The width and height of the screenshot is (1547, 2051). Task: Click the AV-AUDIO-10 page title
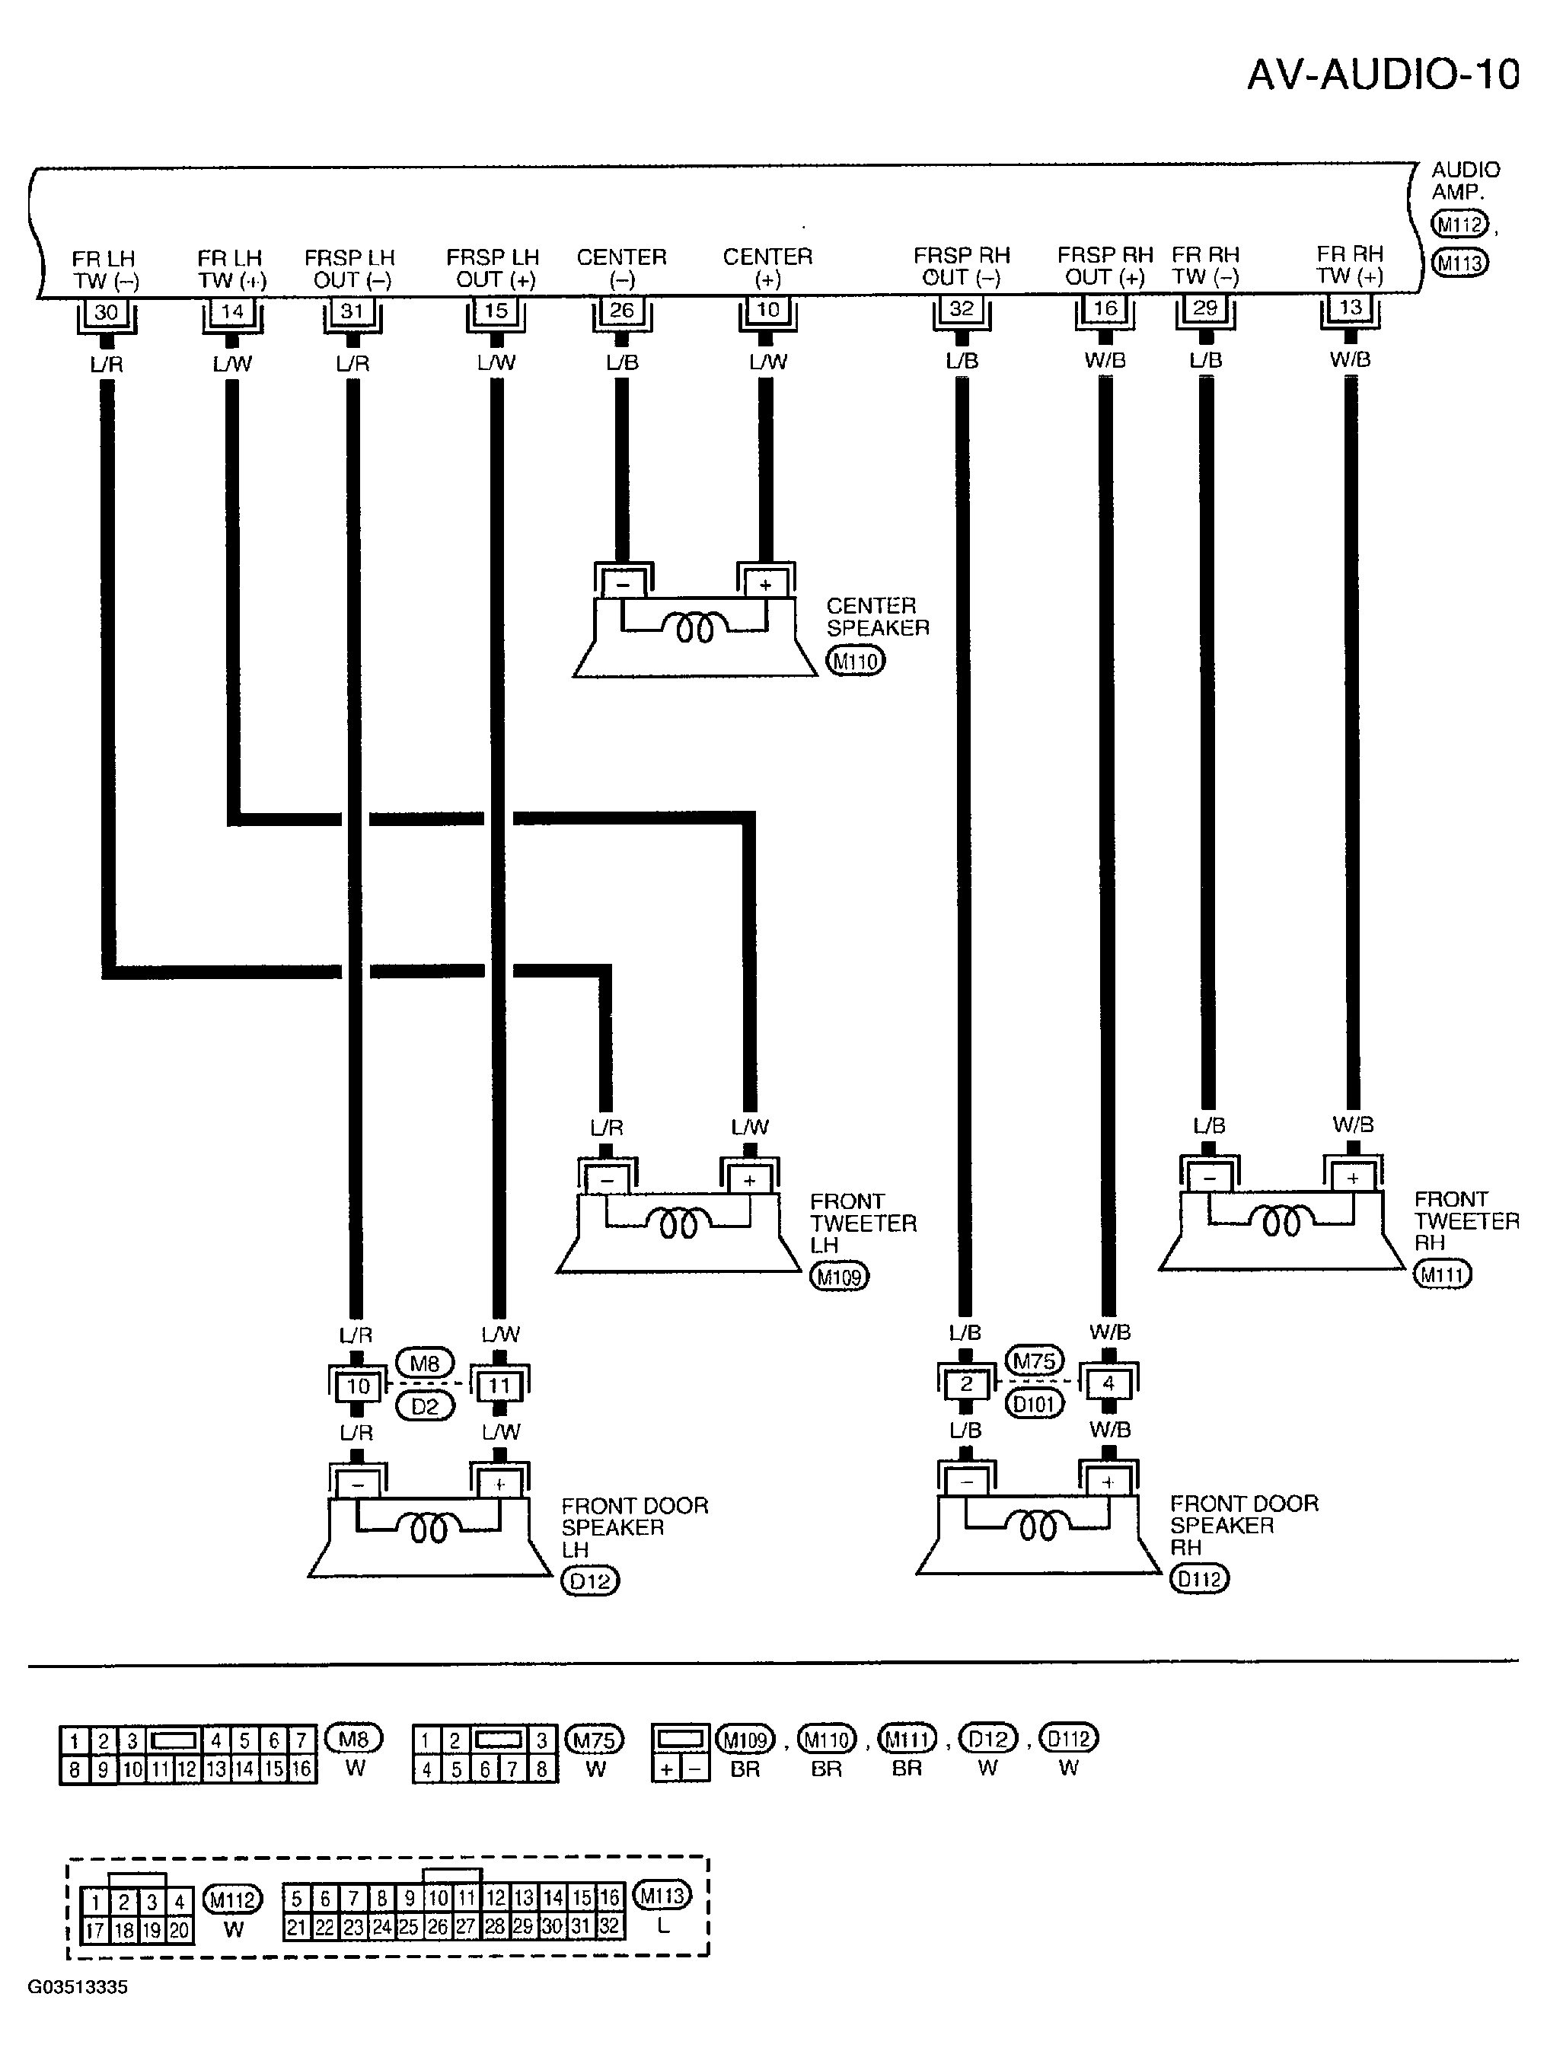[1383, 74]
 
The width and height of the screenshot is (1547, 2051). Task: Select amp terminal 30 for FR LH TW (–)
[107, 311]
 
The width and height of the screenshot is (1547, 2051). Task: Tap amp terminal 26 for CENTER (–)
[621, 310]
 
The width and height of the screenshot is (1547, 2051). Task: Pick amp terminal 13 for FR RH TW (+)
[1350, 307]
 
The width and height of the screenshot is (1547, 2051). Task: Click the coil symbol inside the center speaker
[694, 630]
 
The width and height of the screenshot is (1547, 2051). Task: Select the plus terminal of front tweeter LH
[749, 1180]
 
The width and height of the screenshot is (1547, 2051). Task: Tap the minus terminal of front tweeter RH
[1210, 1178]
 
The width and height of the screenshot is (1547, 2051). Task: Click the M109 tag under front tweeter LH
[839, 1277]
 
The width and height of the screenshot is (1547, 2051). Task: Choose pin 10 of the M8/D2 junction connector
[358, 1386]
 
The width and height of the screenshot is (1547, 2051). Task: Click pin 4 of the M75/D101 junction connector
[1108, 1383]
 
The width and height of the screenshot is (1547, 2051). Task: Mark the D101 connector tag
[1034, 1404]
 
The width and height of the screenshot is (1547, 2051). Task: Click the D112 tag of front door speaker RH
[1199, 1577]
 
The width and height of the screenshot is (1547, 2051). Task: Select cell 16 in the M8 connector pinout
[301, 1769]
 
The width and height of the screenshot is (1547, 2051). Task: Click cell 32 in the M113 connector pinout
[608, 1927]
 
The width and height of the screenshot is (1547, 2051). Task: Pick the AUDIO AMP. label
[1466, 180]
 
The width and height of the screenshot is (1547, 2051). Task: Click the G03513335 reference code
[78, 1987]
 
